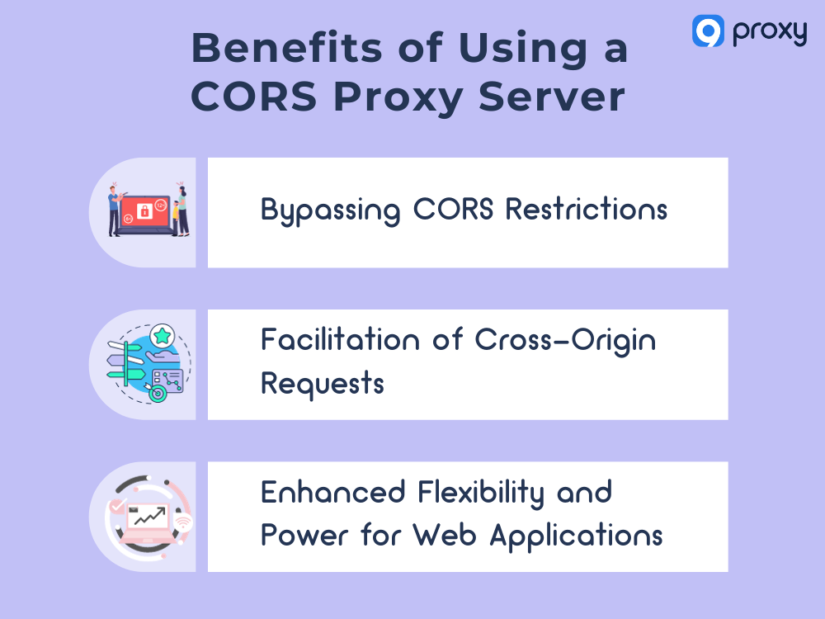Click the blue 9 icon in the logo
[708, 31]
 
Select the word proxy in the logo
[768, 32]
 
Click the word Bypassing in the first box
[330, 210]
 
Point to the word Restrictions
[586, 209]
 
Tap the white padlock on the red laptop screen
[145, 211]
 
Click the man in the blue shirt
[115, 210]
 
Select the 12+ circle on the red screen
[160, 204]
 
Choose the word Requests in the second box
[322, 384]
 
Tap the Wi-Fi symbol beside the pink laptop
[183, 522]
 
